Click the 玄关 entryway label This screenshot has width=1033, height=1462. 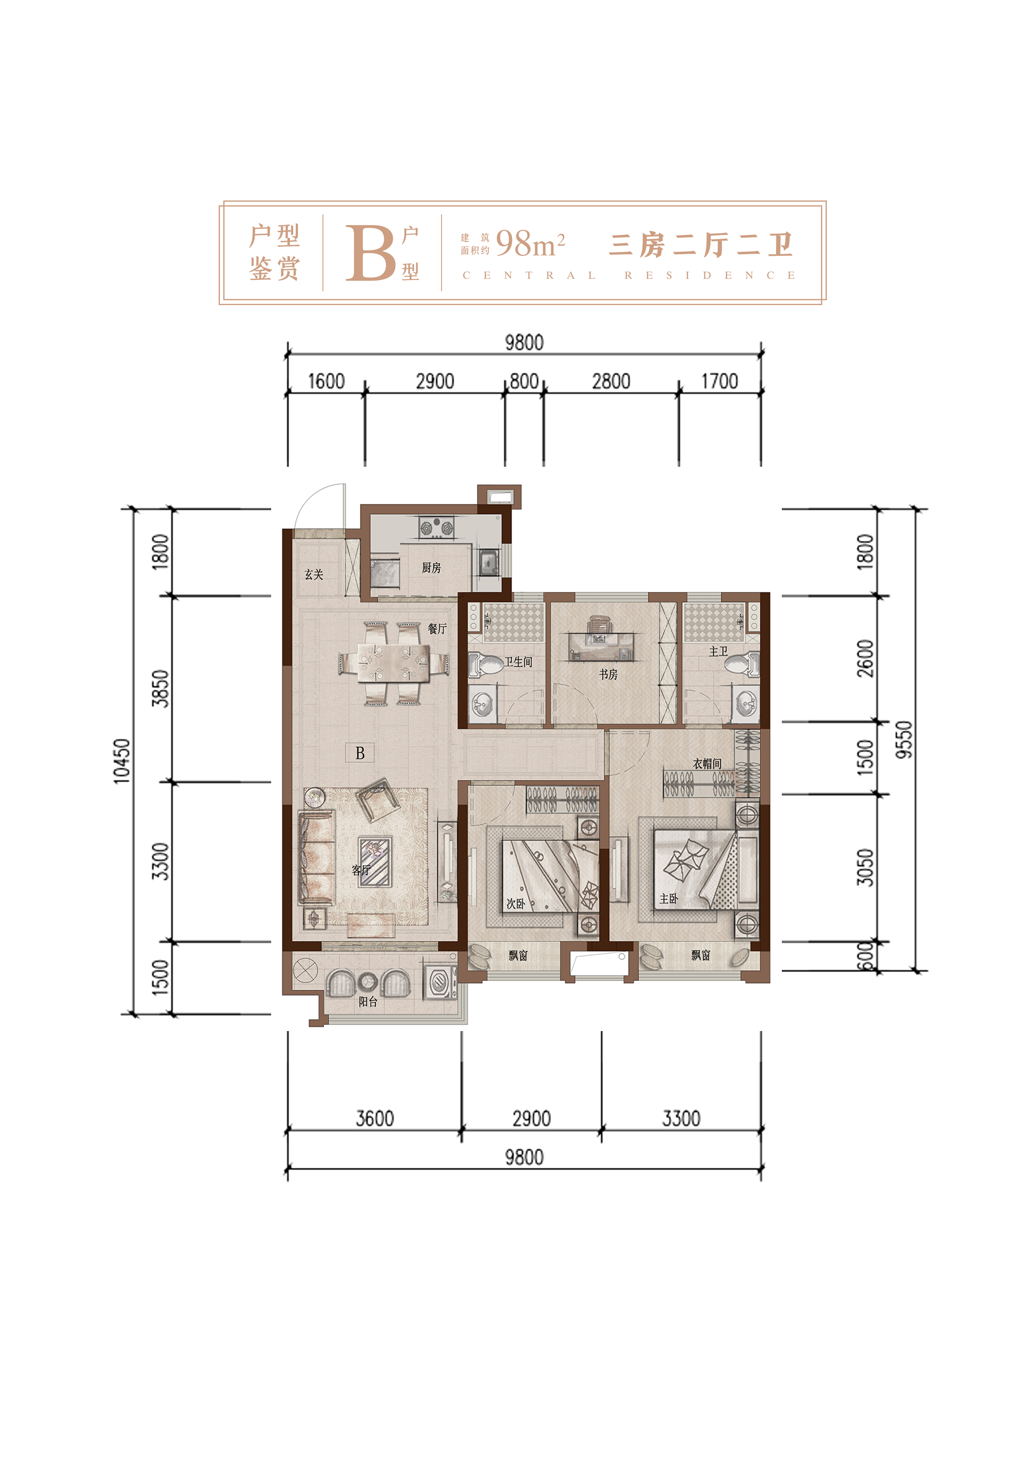[x=314, y=574]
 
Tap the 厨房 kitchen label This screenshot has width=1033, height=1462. [x=431, y=567]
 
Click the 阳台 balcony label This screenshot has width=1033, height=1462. [x=368, y=1001]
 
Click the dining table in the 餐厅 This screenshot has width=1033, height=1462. [x=393, y=663]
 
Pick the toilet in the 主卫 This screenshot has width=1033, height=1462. [x=742, y=665]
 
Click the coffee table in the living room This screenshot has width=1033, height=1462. [x=375, y=861]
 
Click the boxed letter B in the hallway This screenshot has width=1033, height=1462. [x=359, y=753]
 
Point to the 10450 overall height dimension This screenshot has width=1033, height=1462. [x=122, y=761]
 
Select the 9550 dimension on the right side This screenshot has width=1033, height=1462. [x=904, y=740]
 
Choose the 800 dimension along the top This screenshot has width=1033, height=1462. [x=524, y=381]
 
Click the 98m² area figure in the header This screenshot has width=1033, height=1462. [x=530, y=244]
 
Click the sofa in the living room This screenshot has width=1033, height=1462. [x=316, y=857]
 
